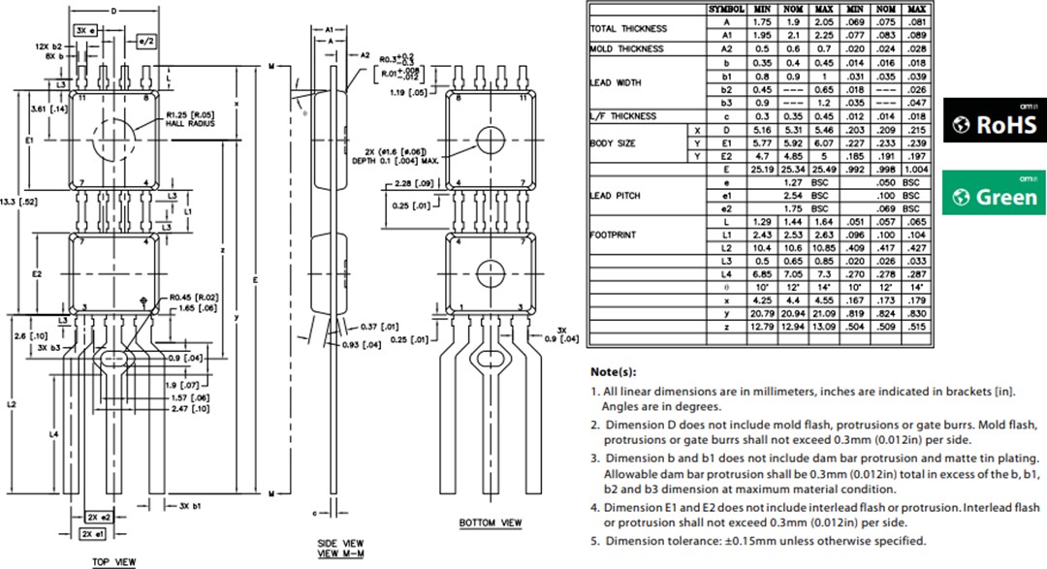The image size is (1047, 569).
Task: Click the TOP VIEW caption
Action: pos(113,561)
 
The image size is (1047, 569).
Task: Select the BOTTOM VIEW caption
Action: pos(490,523)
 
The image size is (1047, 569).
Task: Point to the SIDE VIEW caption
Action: pos(340,543)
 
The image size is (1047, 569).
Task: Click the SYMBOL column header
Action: pos(727,9)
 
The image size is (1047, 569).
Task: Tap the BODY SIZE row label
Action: pos(615,143)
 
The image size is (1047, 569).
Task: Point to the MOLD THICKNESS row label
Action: pos(627,48)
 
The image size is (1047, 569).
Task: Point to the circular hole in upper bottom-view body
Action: pos(491,139)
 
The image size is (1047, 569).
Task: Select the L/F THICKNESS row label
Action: pos(623,116)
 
